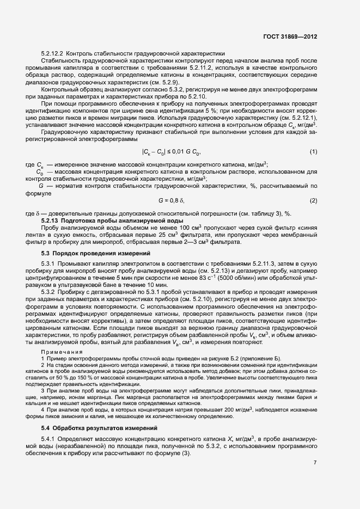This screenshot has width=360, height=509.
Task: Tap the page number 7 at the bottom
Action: [315, 463]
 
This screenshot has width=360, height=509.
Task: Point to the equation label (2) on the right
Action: [313, 201]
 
